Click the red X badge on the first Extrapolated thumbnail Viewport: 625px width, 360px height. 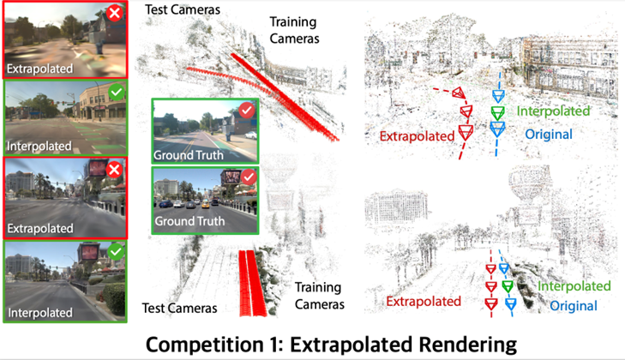tap(114, 13)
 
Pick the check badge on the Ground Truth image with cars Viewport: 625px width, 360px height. tap(247, 177)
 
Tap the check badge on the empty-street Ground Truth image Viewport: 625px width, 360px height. tap(247, 110)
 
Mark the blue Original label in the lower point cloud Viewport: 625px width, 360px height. tap(573, 305)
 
